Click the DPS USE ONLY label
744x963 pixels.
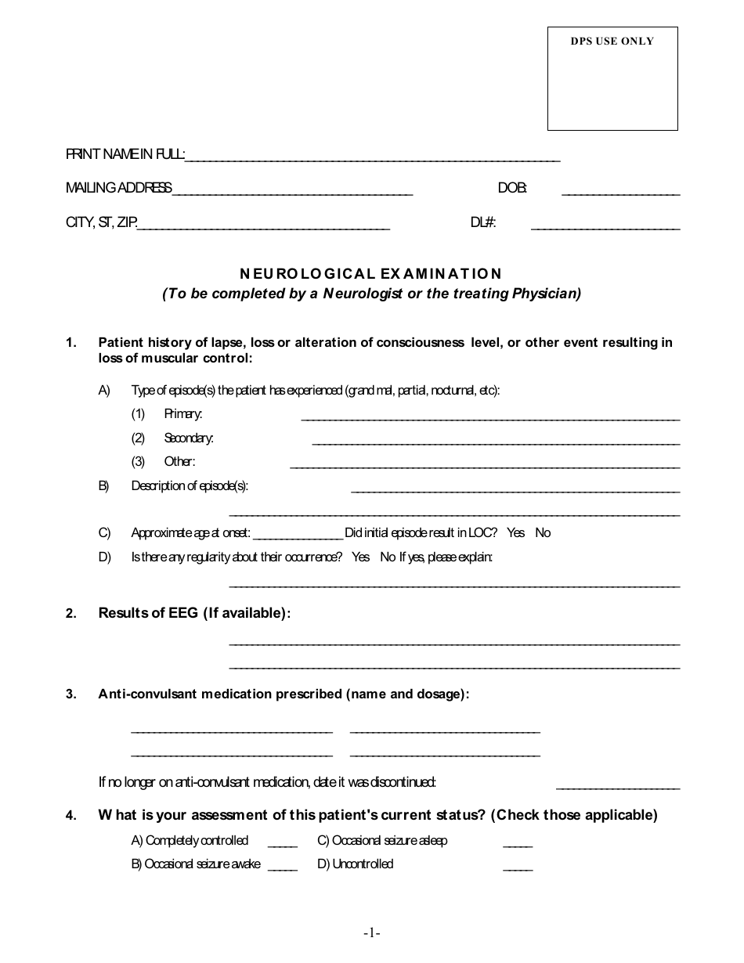click(612, 41)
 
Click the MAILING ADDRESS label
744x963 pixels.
click(118, 188)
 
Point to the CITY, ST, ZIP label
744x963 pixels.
click(101, 223)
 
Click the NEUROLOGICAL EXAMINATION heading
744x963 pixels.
click(370, 273)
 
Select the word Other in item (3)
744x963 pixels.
click(179, 462)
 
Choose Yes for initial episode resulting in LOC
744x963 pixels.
click(516, 533)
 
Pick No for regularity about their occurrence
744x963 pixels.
click(388, 557)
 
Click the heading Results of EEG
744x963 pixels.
click(193, 613)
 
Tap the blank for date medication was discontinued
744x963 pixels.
click(617, 785)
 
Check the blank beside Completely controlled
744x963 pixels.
click(283, 844)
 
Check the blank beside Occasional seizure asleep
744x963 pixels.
click(517, 844)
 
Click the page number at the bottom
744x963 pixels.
click(371, 932)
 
